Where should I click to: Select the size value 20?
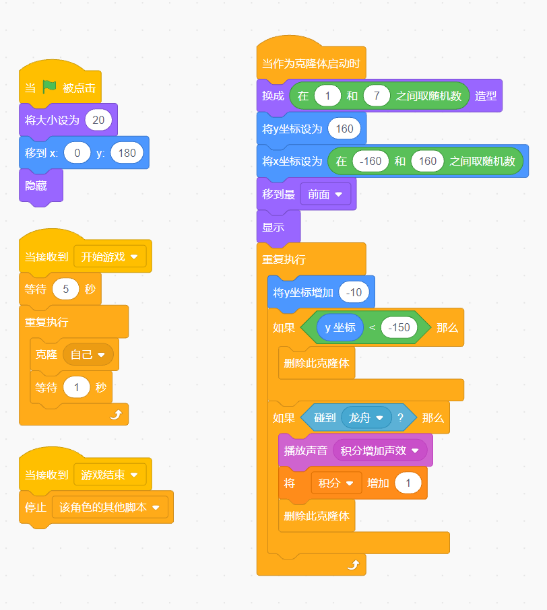[x=98, y=121]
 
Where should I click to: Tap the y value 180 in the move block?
[x=127, y=153]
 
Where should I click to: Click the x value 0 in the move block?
[x=77, y=153]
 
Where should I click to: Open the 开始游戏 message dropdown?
[x=110, y=257]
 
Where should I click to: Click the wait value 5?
[x=66, y=289]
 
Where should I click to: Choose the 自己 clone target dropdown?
[x=88, y=354]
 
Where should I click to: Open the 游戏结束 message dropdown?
[x=110, y=475]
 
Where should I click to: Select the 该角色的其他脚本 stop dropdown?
[x=110, y=507]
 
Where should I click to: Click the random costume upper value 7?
[x=377, y=96]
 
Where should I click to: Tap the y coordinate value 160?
[x=344, y=129]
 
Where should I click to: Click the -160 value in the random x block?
[x=371, y=161]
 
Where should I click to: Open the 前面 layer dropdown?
[x=325, y=194]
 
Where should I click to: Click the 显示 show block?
[x=273, y=227]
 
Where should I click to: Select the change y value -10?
[x=354, y=292]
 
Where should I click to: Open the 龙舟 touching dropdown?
[x=366, y=418]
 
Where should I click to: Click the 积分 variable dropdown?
[x=336, y=483]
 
